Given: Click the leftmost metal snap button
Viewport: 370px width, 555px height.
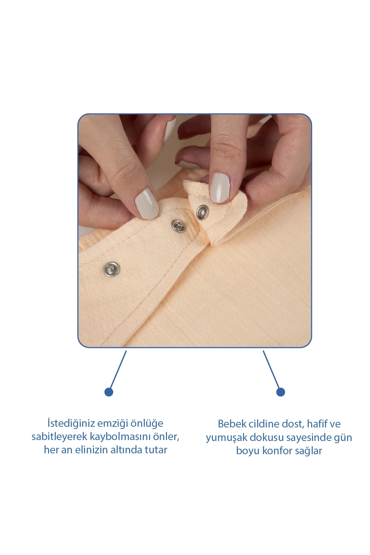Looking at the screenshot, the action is pos(112,269).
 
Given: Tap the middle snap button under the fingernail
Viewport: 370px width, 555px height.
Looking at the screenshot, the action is pos(178,226).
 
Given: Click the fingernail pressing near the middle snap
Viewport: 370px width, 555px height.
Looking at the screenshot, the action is pos(146,204).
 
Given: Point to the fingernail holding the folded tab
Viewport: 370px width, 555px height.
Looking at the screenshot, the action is pos(220,188).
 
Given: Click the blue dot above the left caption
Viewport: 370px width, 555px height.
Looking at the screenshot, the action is pos(109,392).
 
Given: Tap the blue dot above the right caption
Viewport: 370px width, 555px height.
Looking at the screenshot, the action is pos(280,392).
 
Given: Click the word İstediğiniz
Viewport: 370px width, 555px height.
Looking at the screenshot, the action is pos(71,423).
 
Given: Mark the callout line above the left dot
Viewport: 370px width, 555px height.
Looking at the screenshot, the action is pos(118,369).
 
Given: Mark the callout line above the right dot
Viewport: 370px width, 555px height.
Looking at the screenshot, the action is pos(271,369).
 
